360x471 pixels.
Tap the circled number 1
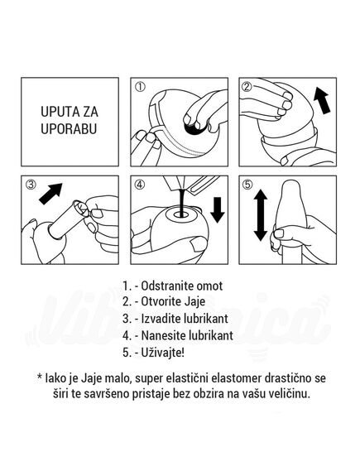click(140, 86)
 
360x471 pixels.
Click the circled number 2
click(247, 86)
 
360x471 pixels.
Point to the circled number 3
click(31, 186)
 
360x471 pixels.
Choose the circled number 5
click(247, 186)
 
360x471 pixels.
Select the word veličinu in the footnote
click(288, 394)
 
